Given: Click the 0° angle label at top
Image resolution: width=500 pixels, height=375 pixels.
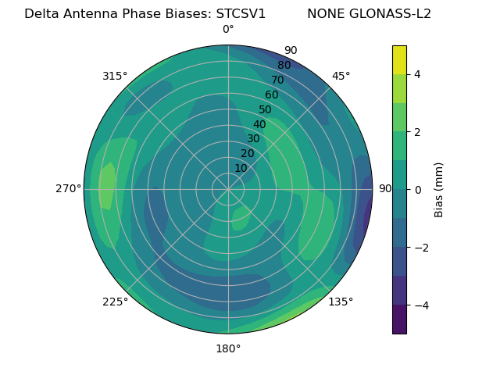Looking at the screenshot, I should click(x=228, y=30).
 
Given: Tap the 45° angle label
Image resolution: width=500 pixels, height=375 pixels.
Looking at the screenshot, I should click(x=341, y=76).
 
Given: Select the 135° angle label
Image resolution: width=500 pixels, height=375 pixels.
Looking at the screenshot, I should click(x=341, y=302).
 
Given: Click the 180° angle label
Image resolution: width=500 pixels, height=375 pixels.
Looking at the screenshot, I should click(x=228, y=348).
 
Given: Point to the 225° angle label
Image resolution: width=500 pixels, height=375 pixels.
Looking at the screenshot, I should click(x=115, y=302).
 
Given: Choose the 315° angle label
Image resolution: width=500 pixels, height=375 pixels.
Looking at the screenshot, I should click(x=115, y=76).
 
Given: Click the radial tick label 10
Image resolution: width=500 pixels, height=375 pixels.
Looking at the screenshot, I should click(x=241, y=168).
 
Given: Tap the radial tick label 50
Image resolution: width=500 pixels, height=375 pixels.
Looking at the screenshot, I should click(x=266, y=109).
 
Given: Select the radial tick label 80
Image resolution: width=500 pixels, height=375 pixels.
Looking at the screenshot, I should click(x=284, y=65).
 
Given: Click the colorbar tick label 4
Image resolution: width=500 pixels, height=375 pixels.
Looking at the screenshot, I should click(x=418, y=74).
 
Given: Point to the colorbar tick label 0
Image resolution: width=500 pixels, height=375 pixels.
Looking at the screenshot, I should click(x=418, y=189).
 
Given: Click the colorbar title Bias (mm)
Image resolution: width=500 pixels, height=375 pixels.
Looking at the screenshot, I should click(x=439, y=189).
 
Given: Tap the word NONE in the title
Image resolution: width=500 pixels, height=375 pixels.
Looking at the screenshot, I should click(x=327, y=13).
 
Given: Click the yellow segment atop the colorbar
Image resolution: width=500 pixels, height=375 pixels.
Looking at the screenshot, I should click(x=399, y=59).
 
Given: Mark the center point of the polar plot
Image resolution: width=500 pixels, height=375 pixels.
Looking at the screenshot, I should click(x=228, y=189).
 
